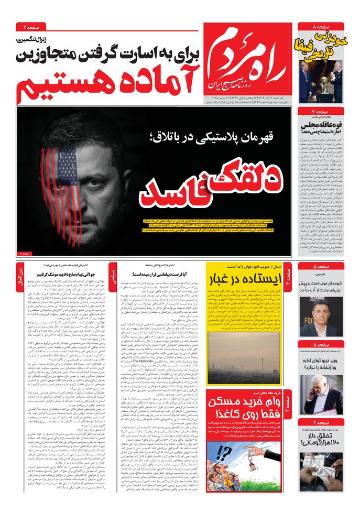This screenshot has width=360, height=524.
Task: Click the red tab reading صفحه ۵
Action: pos(321,266)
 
